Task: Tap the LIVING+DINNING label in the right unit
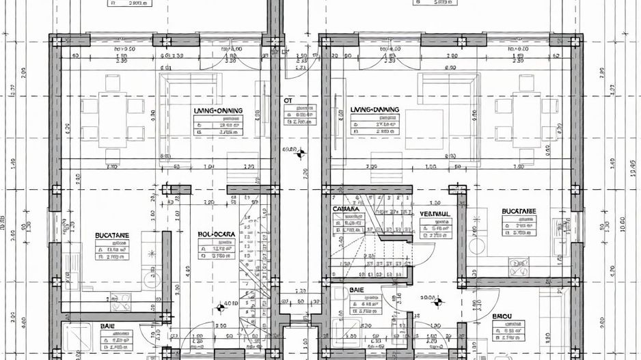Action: tap(374, 109)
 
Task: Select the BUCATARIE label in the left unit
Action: tap(112, 235)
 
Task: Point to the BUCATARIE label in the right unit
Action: tap(519, 212)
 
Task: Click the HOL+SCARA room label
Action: tap(216, 234)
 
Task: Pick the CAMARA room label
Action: tap(346, 208)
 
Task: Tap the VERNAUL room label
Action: tap(435, 214)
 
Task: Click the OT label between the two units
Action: tap(288, 100)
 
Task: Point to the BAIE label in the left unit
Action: tap(108, 327)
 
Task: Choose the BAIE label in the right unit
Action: tap(356, 290)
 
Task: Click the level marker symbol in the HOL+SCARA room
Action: tap(221, 309)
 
